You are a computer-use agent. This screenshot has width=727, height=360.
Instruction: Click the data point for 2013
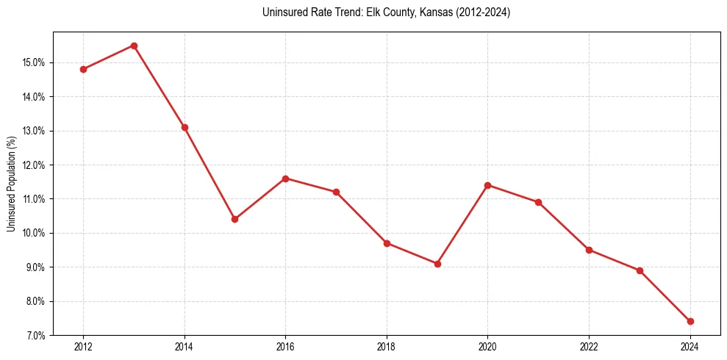click(134, 46)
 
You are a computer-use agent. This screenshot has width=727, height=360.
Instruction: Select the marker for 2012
click(83, 69)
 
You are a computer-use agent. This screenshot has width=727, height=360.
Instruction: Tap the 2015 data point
click(234, 219)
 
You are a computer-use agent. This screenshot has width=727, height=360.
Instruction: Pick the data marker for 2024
click(690, 321)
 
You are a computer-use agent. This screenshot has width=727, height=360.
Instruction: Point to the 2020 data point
click(488, 185)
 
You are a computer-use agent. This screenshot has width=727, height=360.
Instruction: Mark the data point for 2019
click(437, 264)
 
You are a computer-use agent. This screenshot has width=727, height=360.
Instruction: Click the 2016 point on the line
click(285, 179)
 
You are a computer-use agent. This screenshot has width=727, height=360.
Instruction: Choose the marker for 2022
click(589, 250)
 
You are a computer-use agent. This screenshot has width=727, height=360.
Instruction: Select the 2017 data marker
click(336, 192)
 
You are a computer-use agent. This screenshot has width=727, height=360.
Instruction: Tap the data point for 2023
click(640, 270)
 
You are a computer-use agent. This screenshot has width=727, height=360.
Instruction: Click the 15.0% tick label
click(34, 62)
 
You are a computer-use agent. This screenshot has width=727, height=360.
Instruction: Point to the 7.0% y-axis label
click(35, 336)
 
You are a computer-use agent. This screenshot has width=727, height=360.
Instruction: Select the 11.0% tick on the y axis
click(34, 199)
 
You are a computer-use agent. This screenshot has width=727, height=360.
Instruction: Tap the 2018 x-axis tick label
click(387, 347)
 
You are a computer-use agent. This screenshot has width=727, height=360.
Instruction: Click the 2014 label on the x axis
click(185, 347)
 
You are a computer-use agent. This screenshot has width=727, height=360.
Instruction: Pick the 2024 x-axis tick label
click(690, 347)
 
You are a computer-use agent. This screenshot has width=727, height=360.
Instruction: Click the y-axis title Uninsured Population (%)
click(11, 183)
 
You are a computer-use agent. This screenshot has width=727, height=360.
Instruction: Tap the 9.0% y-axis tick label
click(35, 267)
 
